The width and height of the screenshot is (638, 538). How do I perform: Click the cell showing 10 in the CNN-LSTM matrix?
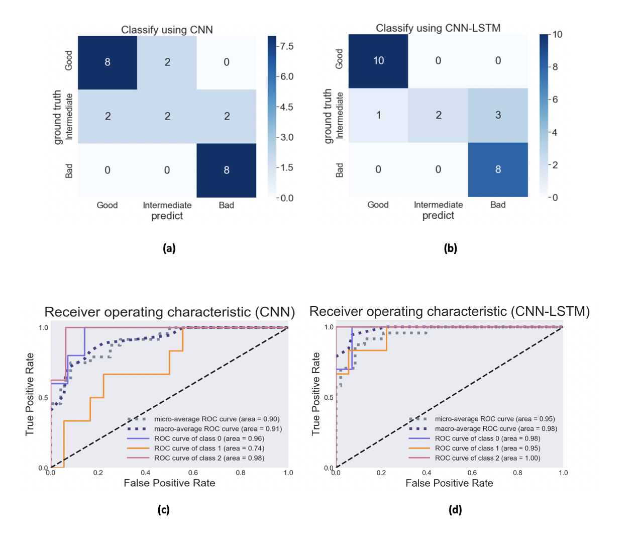point(378,61)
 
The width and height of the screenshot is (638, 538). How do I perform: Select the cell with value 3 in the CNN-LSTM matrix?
point(498,115)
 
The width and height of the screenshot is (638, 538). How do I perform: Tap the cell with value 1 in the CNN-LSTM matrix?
point(378,115)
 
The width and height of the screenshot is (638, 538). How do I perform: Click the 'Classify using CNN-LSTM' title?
point(438,28)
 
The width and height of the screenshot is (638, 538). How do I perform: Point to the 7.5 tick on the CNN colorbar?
point(287,46)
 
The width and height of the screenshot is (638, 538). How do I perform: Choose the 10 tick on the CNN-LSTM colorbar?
point(557,35)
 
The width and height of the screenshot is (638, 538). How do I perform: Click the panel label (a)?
point(169,248)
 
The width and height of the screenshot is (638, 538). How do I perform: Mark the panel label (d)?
point(455,510)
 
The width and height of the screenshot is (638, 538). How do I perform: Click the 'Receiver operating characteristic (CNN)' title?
point(170,312)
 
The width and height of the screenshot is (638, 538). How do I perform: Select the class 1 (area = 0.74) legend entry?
point(209,448)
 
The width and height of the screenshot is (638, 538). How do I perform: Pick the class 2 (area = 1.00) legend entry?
point(487,458)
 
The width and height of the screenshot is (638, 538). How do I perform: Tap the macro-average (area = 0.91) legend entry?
point(218,429)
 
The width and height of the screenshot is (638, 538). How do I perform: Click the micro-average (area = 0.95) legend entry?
point(495,419)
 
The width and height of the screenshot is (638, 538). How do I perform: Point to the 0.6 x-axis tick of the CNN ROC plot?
point(193,473)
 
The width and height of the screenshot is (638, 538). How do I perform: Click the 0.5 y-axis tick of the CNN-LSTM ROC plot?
point(329,397)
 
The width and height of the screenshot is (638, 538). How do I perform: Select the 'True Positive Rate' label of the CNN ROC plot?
point(30,394)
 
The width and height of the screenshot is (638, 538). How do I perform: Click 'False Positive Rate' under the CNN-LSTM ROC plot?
point(449,483)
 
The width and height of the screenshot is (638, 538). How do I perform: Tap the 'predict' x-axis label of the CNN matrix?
point(167,216)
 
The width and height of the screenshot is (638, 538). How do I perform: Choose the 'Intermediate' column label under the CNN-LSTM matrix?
point(438,205)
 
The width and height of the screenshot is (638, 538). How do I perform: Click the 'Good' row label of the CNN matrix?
point(69,61)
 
